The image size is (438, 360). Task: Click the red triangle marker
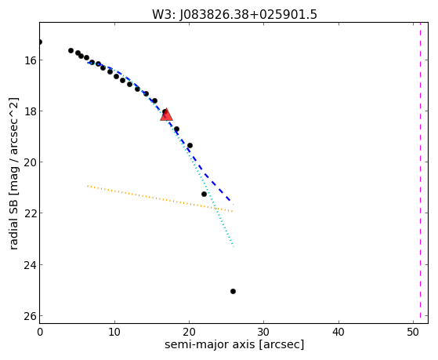[166, 115]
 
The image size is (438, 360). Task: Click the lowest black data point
[233, 291]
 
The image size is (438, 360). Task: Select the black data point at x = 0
[40, 42]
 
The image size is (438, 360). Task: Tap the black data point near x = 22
[204, 194]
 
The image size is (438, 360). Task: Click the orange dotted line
[160, 198]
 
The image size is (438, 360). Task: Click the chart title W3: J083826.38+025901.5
[234, 15]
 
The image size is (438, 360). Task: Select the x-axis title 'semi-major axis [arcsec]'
[234, 344]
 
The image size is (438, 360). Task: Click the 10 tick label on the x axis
[114, 332]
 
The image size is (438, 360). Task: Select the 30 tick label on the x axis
[264, 332]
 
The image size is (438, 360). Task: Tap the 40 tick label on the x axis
[338, 332]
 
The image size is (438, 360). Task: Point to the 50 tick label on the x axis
[413, 332]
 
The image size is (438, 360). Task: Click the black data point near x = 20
[190, 145]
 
